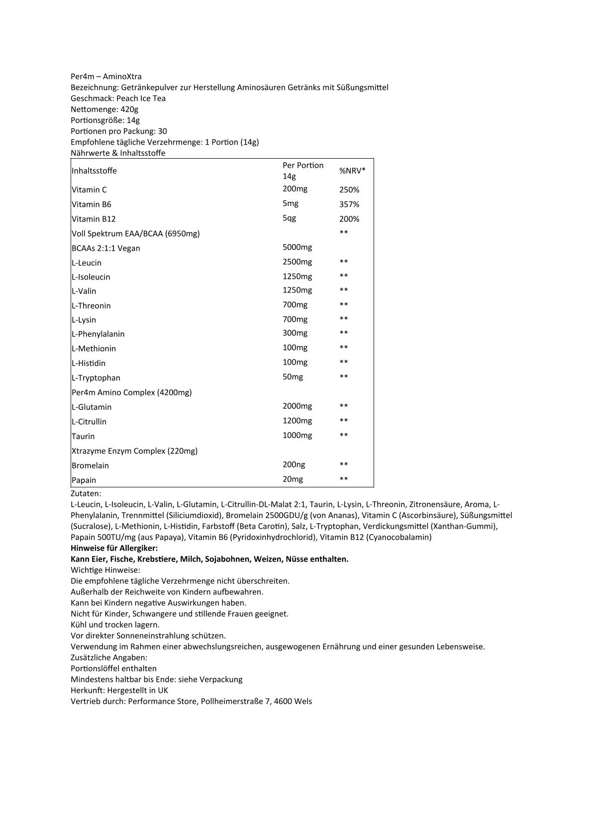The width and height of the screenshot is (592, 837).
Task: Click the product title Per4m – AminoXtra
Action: [x=106, y=77]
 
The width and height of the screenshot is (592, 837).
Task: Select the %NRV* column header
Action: [x=352, y=171]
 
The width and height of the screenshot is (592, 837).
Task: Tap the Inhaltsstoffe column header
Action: [x=94, y=171]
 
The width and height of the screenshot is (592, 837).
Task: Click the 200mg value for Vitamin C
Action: [x=295, y=189]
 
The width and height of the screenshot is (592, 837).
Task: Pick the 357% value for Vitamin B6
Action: [x=349, y=204]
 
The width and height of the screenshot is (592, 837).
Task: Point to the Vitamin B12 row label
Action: [x=94, y=219]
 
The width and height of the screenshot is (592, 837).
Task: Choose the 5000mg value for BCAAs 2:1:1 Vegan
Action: [x=297, y=247]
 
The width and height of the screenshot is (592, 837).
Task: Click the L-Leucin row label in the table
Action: [x=87, y=263]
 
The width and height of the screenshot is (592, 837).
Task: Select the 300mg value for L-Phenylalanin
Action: [x=295, y=333]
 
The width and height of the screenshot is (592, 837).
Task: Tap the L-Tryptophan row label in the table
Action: [x=96, y=378]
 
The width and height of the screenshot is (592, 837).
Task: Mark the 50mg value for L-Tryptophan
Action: [x=293, y=377]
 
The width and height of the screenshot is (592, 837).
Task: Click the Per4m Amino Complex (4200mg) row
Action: [x=132, y=392]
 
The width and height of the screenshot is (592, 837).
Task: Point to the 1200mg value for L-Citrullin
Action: [x=297, y=421]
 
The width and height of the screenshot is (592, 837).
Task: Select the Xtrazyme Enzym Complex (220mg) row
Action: [x=134, y=451]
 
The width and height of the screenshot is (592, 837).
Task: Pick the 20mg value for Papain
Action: [x=293, y=479]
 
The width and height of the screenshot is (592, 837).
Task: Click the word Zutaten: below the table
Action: [x=86, y=494]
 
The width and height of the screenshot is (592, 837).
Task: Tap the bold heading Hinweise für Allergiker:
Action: [x=114, y=548]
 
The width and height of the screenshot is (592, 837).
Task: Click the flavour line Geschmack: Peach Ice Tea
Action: [x=118, y=98]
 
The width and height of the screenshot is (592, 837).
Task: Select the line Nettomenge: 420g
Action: [x=104, y=109]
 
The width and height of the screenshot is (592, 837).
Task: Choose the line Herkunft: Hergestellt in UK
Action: [x=119, y=690]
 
